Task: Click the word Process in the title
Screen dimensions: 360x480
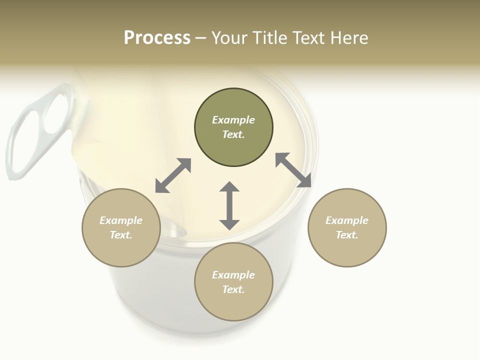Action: tap(157, 38)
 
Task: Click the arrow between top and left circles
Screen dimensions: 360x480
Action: tap(173, 175)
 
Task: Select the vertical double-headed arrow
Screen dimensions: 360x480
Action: tap(229, 205)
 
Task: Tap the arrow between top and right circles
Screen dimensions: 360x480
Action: tap(293, 170)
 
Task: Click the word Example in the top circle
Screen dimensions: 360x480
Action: tap(233, 120)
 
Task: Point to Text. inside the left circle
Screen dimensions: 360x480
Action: tap(121, 235)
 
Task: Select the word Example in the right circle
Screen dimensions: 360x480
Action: tap(347, 220)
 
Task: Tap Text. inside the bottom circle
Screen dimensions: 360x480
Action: tap(233, 289)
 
